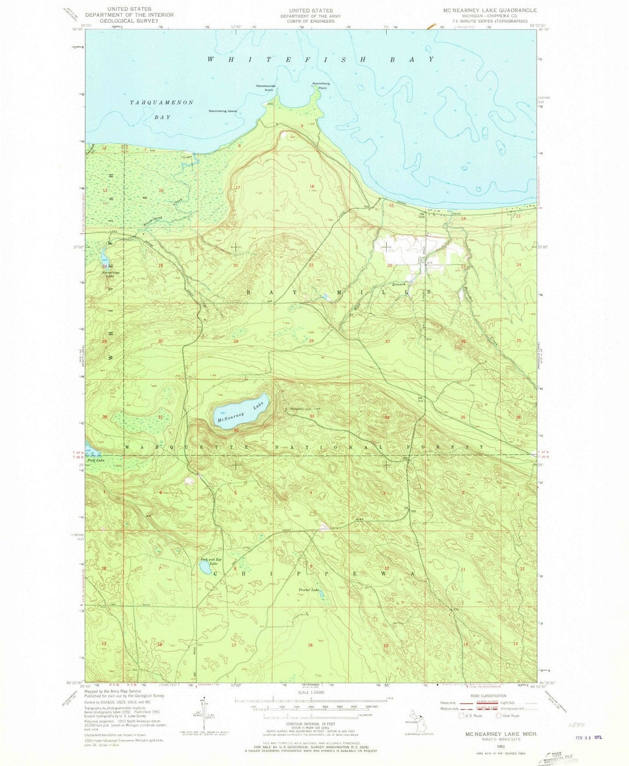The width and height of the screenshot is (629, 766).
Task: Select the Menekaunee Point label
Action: click(x=268, y=88)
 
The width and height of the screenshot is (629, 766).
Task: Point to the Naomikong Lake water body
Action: click(x=104, y=257)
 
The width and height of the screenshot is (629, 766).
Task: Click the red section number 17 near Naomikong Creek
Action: click(x=238, y=187)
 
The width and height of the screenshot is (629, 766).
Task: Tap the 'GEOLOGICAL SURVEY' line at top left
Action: click(x=133, y=20)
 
